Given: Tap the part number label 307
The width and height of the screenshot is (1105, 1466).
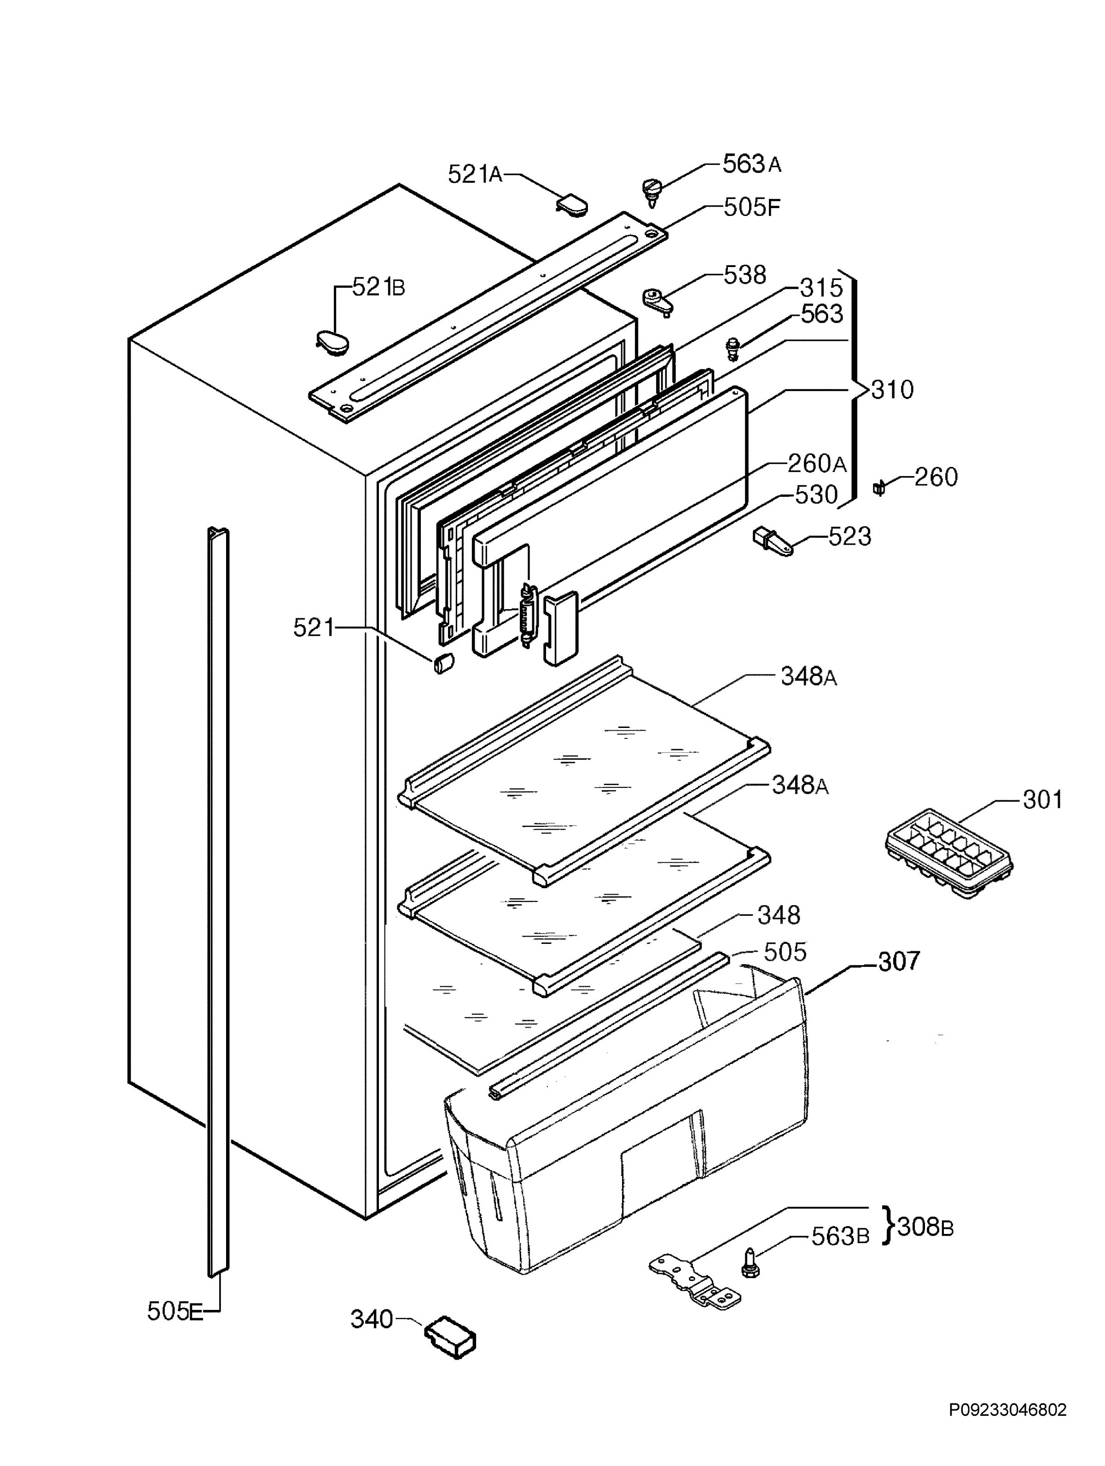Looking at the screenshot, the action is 900,960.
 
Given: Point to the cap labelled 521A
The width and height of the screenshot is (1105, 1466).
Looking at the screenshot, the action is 572,204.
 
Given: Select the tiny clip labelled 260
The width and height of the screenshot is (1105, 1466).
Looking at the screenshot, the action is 880,489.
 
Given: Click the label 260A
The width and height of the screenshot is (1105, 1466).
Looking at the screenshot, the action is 817,463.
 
